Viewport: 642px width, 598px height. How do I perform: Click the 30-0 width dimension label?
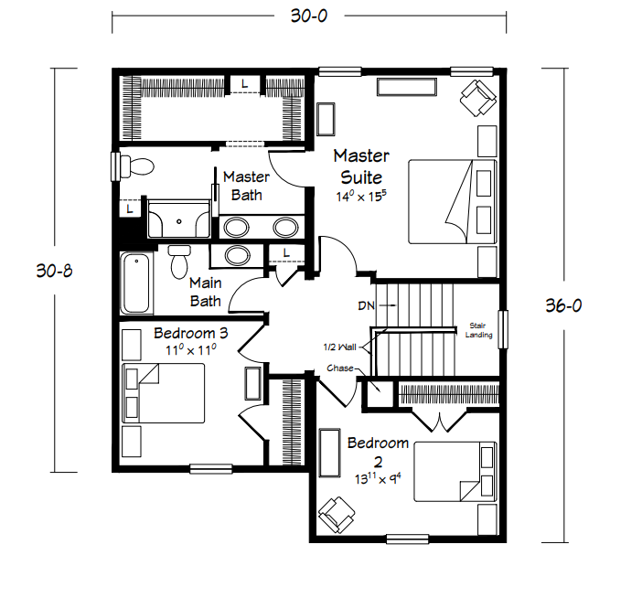click(x=309, y=16)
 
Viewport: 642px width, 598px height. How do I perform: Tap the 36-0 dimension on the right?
click(x=563, y=305)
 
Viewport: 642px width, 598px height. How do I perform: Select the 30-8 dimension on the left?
click(x=55, y=271)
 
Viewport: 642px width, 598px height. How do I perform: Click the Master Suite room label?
click(x=361, y=166)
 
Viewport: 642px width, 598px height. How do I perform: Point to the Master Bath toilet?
click(x=137, y=166)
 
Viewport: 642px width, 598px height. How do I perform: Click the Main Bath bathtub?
click(x=136, y=283)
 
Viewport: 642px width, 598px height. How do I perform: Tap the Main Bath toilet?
click(x=179, y=262)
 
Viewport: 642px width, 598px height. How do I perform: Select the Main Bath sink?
click(x=237, y=255)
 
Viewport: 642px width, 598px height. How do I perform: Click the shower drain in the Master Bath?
click(x=179, y=222)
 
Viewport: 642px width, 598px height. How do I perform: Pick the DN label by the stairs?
click(x=366, y=305)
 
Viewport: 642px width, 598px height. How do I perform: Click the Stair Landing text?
click(x=478, y=330)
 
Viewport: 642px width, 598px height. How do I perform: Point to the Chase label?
click(x=340, y=368)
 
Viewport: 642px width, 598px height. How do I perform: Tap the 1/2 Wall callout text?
click(x=339, y=347)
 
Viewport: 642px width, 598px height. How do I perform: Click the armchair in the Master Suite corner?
click(x=477, y=98)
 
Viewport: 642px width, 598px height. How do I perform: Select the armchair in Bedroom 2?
click(x=337, y=515)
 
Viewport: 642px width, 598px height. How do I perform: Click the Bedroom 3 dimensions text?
click(x=191, y=350)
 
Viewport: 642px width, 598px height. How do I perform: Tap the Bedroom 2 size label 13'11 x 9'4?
click(x=378, y=478)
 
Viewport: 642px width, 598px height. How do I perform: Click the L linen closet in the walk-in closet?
click(x=244, y=84)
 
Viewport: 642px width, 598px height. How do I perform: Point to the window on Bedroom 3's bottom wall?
click(x=211, y=469)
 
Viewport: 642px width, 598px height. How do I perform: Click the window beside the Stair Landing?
click(x=503, y=330)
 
